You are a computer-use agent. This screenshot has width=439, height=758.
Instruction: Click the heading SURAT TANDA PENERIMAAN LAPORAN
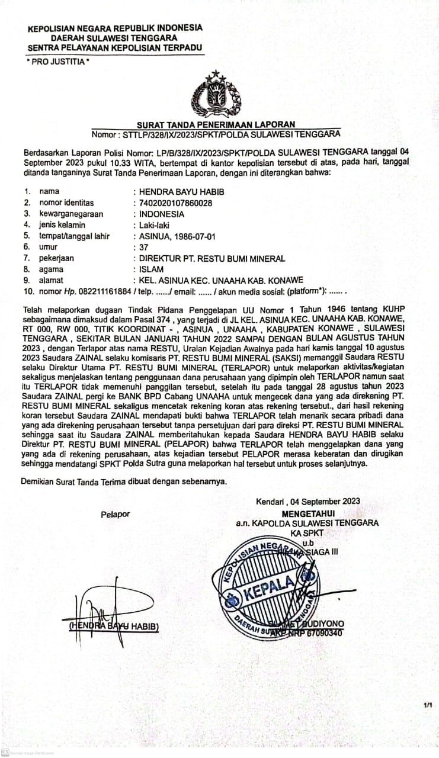click(x=216, y=124)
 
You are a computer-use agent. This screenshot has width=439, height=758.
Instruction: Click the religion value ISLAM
click(x=151, y=269)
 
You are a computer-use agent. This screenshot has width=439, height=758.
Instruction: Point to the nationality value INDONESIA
click(x=161, y=214)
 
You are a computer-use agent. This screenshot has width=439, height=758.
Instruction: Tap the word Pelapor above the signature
click(x=115, y=514)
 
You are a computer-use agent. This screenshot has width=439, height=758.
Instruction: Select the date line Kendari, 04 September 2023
click(x=307, y=502)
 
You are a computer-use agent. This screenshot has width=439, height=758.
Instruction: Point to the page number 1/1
click(x=428, y=705)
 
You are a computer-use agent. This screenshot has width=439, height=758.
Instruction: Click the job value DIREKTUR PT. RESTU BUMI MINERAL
click(x=212, y=258)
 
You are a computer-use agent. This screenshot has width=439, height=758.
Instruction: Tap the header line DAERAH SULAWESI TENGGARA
click(x=114, y=37)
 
